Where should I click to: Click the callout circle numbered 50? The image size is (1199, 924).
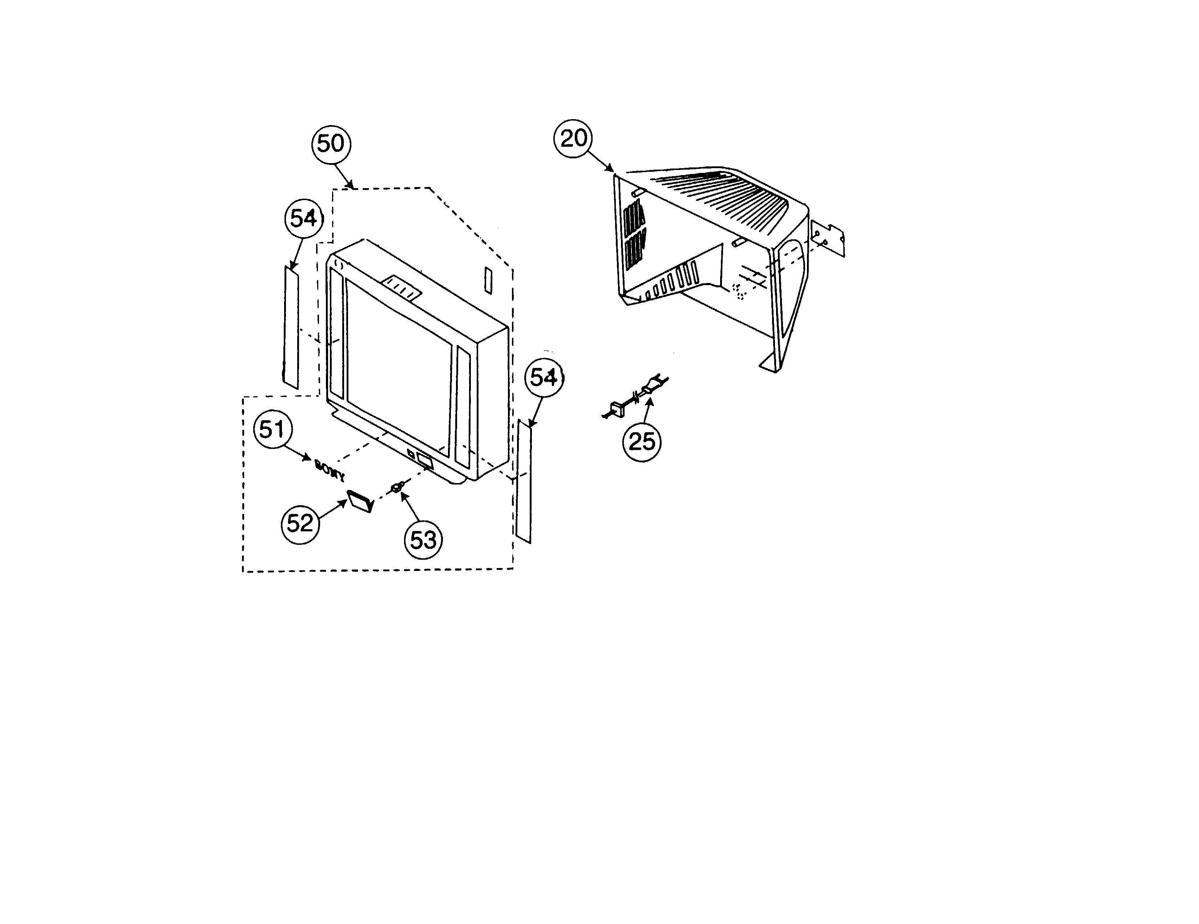click(x=331, y=144)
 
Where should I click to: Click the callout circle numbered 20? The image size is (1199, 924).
click(x=574, y=138)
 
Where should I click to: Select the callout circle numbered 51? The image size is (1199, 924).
click(x=272, y=430)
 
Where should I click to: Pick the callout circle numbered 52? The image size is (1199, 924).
click(x=300, y=523)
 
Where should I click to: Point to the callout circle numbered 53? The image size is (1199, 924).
click(x=423, y=540)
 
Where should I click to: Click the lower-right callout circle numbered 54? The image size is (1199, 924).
click(x=544, y=377)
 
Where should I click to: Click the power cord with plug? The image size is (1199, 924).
click(x=637, y=395)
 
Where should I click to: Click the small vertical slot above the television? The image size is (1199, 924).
click(x=488, y=280)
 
